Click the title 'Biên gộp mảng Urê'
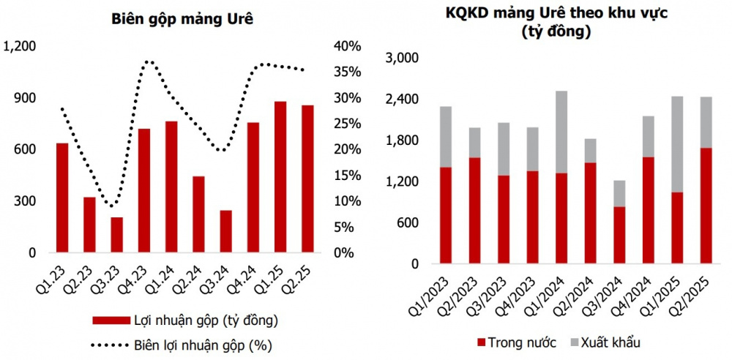pos(182,20)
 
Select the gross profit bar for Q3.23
pos(117,235)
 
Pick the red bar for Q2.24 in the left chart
pos(198,214)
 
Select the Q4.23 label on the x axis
pos(140,279)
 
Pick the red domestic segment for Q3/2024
pos(620,235)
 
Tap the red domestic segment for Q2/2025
pos(706,206)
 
